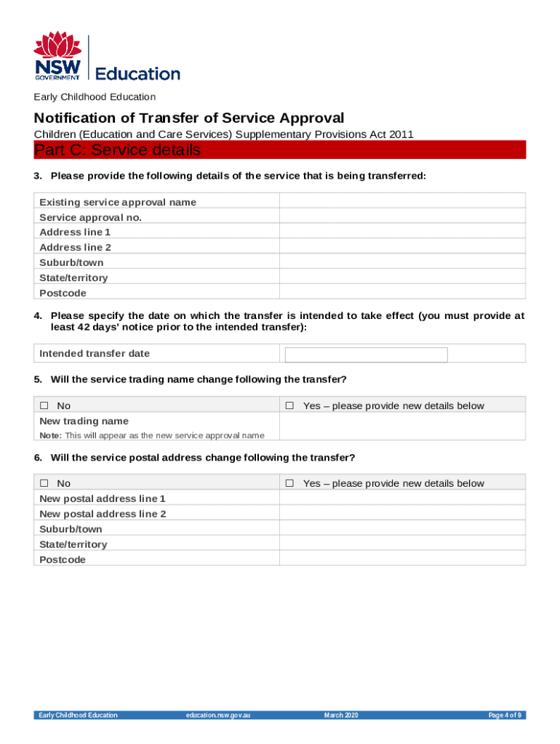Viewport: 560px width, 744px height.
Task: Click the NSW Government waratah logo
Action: (58, 56)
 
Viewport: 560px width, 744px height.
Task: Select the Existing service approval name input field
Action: (402, 202)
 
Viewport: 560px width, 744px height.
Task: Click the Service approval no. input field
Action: (402, 217)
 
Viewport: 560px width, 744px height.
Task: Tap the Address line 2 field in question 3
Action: (402, 247)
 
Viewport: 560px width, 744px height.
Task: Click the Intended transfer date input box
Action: (366, 355)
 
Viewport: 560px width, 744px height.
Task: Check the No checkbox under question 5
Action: (44, 406)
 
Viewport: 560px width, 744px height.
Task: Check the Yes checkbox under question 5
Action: (289, 406)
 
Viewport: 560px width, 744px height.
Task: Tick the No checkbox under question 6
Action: (44, 484)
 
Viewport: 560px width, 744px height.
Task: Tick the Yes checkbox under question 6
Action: (289, 484)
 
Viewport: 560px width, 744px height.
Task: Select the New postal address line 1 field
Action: (402, 498)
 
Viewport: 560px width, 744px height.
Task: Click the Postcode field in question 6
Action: (402, 559)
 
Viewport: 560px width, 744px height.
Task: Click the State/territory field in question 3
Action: (402, 278)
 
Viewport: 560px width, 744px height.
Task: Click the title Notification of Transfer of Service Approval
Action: (188, 118)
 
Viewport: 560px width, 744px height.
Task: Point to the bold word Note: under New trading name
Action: (50, 436)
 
